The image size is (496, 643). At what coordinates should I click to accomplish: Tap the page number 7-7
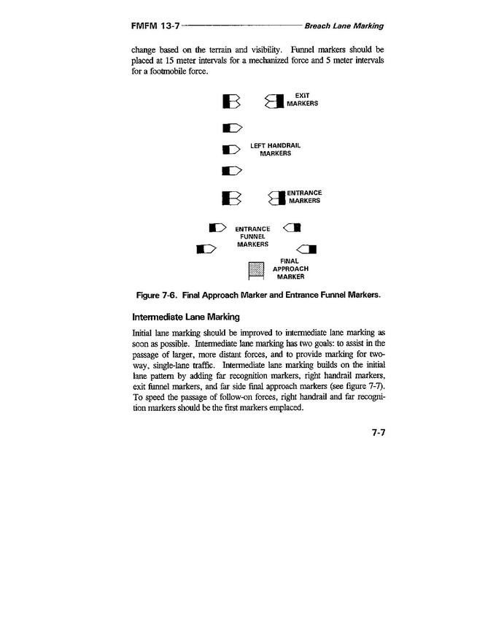377,433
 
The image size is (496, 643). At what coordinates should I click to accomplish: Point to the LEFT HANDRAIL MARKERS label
275,150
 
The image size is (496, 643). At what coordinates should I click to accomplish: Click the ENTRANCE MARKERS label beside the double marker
304,196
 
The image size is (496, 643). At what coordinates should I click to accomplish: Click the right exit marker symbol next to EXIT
274,103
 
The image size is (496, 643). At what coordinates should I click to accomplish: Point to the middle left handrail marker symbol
230,150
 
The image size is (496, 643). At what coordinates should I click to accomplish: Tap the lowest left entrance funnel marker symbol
206,249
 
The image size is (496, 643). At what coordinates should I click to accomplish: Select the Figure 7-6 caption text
258,296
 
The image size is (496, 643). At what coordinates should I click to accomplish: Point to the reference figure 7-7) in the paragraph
367,386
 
